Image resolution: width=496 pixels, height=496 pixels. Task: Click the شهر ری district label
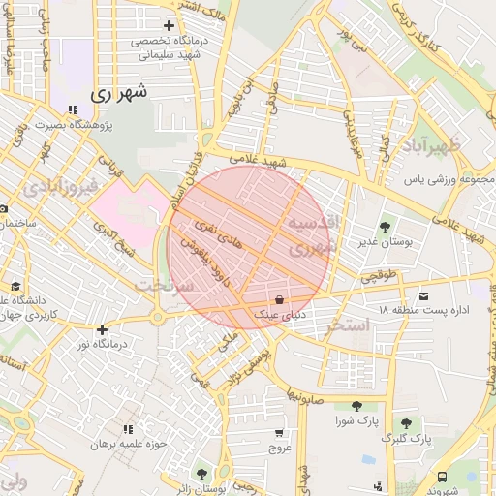click(x=121, y=95)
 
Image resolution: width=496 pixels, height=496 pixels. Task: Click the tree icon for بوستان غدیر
click(x=386, y=227)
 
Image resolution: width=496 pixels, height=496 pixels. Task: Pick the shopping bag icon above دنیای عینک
click(x=280, y=298)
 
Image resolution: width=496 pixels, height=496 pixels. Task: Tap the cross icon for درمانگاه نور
click(x=101, y=329)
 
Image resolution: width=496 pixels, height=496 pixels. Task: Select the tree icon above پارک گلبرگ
click(x=406, y=423)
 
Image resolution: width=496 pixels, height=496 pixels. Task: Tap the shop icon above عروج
click(x=280, y=433)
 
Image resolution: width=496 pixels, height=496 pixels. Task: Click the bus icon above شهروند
click(x=442, y=477)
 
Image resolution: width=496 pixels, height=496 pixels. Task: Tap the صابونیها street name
click(x=302, y=395)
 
